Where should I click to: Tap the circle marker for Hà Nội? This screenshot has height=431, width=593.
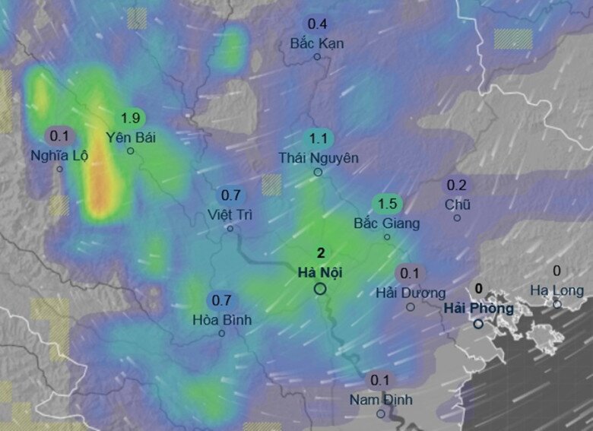point(320,288)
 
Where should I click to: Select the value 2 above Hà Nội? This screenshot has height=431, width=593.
point(320,254)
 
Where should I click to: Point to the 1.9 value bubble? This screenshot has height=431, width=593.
point(131,118)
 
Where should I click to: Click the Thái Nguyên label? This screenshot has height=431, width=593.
point(318,158)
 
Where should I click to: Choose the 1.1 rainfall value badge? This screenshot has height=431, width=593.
point(318,138)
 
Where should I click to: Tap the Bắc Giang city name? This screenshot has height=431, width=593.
point(387,223)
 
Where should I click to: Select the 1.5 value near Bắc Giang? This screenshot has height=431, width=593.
point(387,204)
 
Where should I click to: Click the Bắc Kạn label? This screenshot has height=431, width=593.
point(317,43)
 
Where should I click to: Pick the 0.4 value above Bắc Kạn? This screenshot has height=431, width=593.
point(317,24)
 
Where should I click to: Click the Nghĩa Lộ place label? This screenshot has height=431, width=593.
point(59,156)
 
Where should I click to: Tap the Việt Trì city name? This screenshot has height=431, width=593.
point(230,214)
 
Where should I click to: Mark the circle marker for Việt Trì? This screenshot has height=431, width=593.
point(230,228)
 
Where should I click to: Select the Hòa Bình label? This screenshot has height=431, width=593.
point(222,320)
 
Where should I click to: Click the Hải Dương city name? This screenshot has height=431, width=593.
point(411,293)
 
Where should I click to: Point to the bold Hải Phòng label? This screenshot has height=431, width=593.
point(478,308)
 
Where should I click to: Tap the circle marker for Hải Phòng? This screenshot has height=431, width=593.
point(478,324)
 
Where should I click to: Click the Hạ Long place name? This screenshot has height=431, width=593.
point(557,290)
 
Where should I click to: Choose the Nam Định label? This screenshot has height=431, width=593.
point(381,400)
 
